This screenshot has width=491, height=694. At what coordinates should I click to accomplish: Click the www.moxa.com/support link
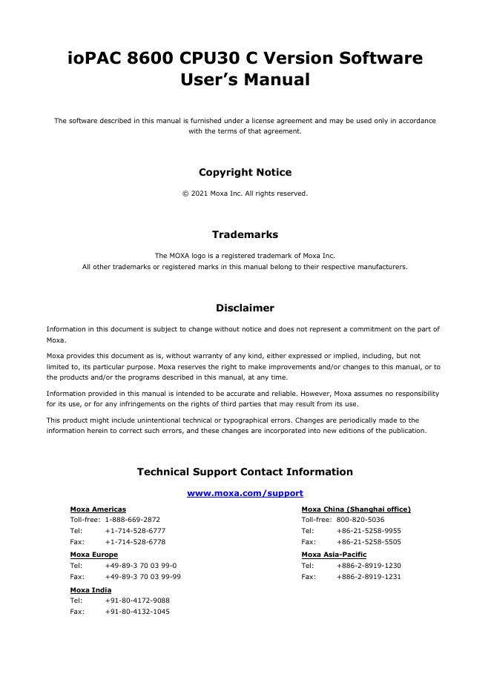[245, 493]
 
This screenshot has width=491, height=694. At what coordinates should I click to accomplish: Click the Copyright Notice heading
[245, 173]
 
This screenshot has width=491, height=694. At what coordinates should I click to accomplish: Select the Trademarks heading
[245, 235]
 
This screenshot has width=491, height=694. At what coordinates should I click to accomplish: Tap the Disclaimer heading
[245, 308]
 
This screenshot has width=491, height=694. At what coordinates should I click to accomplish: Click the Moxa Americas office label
[98, 509]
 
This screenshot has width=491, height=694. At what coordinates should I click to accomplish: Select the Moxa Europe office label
[93, 555]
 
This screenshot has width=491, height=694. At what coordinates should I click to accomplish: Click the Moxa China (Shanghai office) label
[356, 509]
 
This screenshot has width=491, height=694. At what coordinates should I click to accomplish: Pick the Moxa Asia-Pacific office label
[334, 555]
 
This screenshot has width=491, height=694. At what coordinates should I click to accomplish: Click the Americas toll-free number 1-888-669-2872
[132, 520]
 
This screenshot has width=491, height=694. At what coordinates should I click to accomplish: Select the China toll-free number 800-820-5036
[360, 520]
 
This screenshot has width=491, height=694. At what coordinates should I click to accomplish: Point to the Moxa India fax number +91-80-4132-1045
[137, 612]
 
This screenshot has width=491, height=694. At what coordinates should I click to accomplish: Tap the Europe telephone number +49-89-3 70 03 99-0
[140, 565]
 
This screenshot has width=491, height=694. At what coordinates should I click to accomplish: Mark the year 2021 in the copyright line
[198, 194]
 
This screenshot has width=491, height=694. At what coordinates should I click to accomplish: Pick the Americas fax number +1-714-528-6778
[135, 542]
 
